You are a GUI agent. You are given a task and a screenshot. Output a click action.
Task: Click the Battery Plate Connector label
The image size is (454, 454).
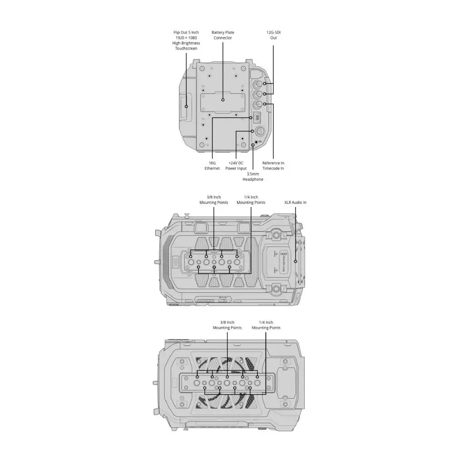222,35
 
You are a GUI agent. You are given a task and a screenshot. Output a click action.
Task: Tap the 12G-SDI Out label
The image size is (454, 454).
273,35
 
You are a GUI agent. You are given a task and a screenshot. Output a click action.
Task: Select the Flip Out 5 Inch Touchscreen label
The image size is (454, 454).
186,40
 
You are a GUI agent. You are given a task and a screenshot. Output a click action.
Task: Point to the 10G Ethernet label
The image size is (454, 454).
212,166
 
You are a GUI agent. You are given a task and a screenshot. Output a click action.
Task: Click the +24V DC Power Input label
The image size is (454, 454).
236,166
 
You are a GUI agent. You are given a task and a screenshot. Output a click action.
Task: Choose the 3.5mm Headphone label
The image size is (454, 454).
253,177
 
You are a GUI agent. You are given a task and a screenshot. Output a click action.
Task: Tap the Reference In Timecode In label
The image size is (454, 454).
273,166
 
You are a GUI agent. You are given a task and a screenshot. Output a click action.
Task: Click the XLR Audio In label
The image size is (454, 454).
296,202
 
